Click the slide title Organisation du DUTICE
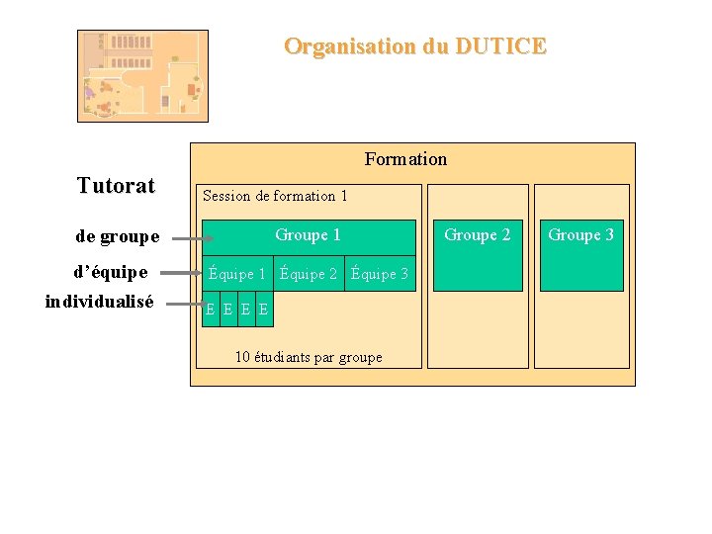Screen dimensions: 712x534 (414, 46)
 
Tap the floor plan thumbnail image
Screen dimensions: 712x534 (143, 75)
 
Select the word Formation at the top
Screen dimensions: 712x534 (405, 159)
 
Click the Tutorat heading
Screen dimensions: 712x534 (116, 186)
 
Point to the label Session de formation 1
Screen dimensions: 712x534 (275, 196)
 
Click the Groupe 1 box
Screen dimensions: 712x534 (308, 236)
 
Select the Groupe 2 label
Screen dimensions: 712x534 (478, 235)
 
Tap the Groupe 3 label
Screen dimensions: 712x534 (580, 235)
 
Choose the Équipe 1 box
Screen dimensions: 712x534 (236, 274)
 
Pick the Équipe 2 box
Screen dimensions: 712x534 (309, 274)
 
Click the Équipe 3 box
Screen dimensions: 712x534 (380, 274)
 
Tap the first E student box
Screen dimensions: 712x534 (211, 311)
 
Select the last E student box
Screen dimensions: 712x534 (263, 311)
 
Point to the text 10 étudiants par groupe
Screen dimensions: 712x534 (309, 357)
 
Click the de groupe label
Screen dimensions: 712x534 (117, 237)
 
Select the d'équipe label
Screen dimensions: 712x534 (111, 272)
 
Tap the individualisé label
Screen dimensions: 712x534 (99, 303)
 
